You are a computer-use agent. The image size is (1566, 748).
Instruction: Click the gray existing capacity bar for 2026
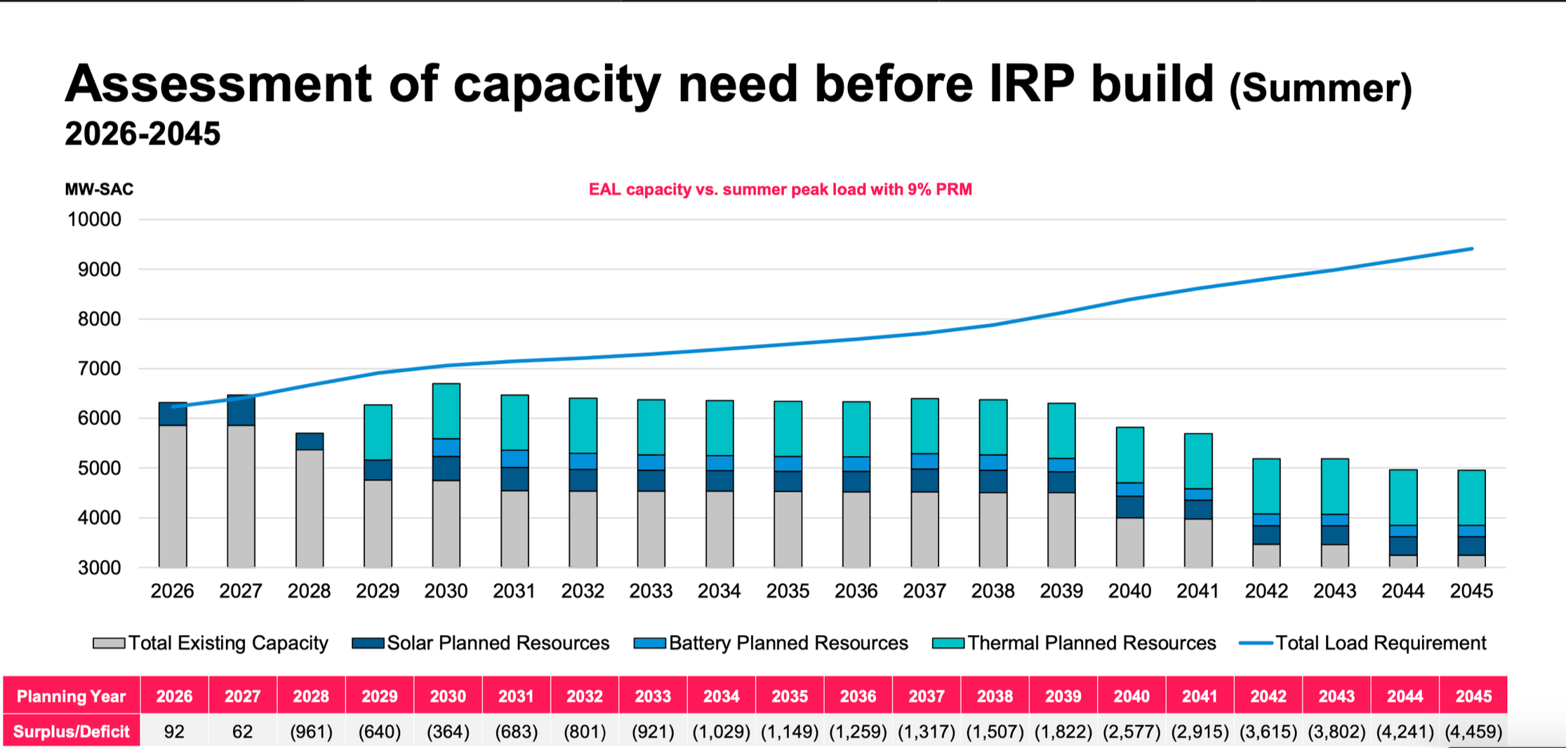[x=173, y=496]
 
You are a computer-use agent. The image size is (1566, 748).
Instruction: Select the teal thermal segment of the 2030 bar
[x=446, y=411]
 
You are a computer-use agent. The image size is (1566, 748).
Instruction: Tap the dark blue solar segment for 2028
[x=310, y=441]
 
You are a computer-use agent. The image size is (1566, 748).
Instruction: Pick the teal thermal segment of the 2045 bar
[x=1471, y=497]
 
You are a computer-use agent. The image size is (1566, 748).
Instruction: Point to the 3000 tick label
[x=99, y=568]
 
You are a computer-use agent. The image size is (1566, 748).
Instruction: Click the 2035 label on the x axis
[x=788, y=591]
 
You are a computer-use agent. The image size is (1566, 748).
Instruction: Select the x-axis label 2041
[x=1197, y=591]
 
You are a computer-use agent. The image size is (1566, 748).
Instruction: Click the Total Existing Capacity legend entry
[x=211, y=643]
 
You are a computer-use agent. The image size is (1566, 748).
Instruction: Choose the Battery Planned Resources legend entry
[x=771, y=643]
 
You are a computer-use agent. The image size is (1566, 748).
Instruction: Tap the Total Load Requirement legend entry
[x=1362, y=643]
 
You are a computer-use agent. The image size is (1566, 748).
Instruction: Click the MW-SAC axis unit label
[x=99, y=189]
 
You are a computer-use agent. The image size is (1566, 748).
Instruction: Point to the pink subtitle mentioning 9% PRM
[x=780, y=189]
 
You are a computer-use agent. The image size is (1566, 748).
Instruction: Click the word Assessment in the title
[x=218, y=84]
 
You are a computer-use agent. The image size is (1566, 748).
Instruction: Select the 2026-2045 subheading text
[x=142, y=133]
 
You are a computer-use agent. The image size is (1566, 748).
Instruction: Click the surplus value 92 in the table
[x=174, y=732]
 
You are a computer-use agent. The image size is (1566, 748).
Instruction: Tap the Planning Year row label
[x=71, y=696]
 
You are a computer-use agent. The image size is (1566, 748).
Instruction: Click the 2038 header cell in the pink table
[x=995, y=696]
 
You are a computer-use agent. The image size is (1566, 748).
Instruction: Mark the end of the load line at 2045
[x=1472, y=248]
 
